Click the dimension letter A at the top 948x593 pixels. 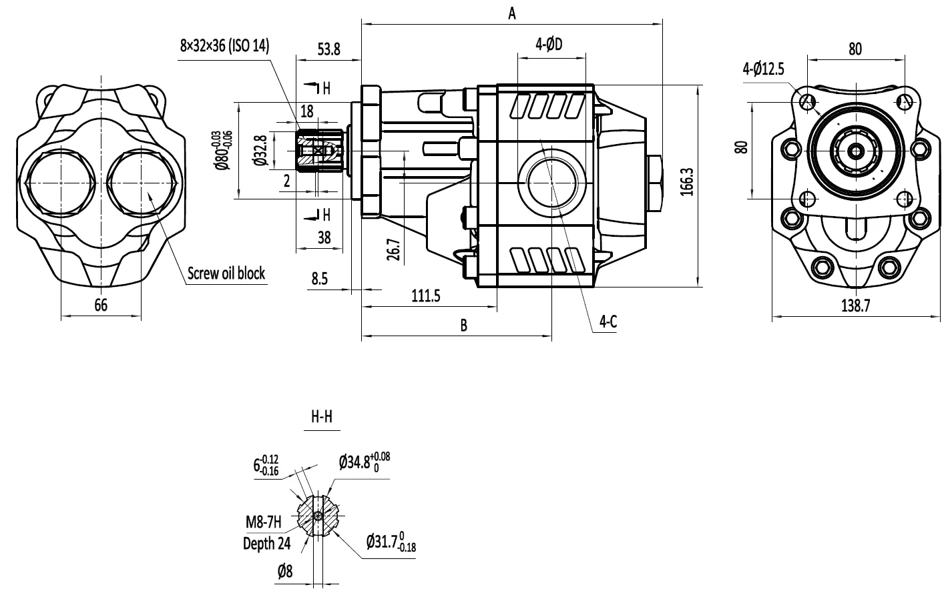click(512, 13)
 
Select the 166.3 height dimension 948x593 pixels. click(688, 181)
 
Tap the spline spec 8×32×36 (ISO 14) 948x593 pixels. click(224, 46)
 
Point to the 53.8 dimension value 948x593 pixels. click(328, 49)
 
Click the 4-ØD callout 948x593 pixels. click(549, 45)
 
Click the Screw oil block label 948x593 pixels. click(226, 273)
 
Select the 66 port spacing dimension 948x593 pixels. click(101, 306)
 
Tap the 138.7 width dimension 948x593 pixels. click(855, 306)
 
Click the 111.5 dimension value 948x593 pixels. click(425, 296)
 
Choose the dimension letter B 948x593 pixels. click(463, 325)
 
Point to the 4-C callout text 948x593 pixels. click(608, 322)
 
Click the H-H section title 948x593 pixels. click(322, 418)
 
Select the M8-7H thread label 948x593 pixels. click(264, 521)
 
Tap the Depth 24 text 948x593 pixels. click(266, 544)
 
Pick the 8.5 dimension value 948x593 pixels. click(319, 279)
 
